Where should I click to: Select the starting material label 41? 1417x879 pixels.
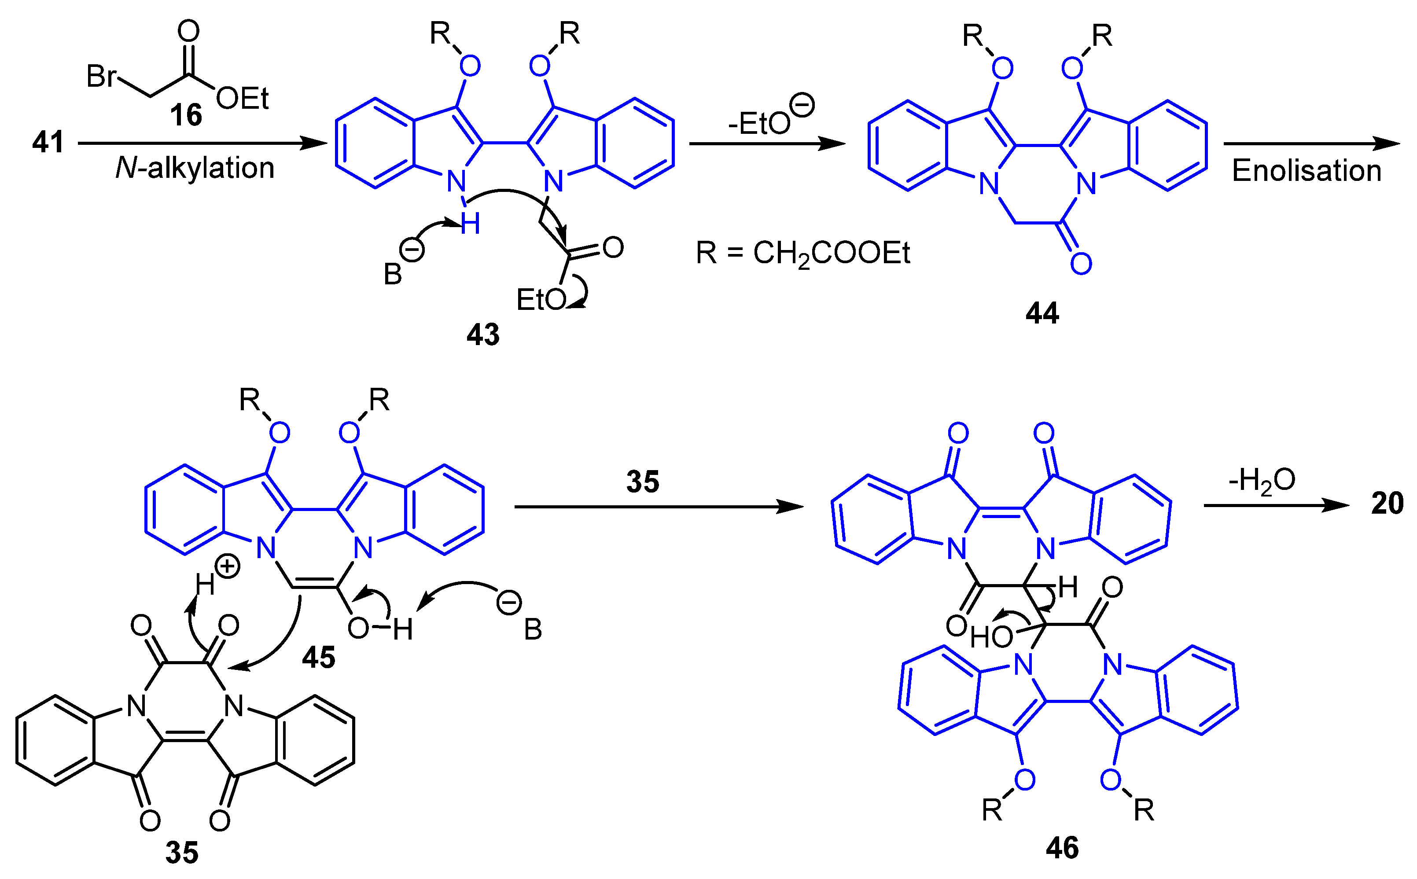48,143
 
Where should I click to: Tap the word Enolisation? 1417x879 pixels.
1307,171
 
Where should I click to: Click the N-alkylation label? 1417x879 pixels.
195,169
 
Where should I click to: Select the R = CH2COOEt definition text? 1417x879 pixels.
802,254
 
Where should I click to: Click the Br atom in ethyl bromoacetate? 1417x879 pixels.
101,76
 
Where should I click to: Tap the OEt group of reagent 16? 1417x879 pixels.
243,99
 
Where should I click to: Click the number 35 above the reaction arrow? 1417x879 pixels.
643,482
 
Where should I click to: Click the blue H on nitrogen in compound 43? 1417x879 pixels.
470,224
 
